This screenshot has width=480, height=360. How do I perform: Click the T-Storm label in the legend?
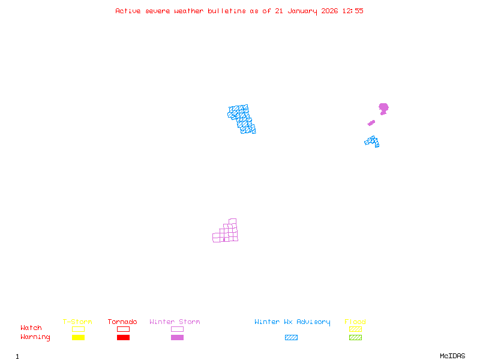[77, 322]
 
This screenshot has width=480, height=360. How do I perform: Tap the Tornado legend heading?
[122, 322]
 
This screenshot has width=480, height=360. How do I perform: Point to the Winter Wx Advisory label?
[292, 322]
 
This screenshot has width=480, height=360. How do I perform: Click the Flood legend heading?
[355, 322]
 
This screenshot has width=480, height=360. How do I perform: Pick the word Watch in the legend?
[31, 328]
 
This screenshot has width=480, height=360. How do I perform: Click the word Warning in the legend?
[35, 337]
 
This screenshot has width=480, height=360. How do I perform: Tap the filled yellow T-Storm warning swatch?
[78, 338]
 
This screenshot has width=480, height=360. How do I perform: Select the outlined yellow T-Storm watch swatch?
[78, 329]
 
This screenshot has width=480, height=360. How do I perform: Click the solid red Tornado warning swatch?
[123, 338]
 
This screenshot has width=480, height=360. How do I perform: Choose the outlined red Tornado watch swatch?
[123, 329]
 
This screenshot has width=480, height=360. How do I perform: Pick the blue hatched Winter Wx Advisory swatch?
[291, 338]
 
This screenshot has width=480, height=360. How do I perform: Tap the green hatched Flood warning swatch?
[355, 338]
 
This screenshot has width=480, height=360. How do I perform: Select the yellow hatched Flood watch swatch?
[355, 329]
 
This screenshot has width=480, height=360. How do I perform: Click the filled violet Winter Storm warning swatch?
[177, 338]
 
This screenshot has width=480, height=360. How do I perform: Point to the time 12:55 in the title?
[353, 11]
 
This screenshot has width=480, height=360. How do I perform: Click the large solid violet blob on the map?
[383, 108]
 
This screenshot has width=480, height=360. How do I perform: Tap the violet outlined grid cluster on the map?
[227, 232]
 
